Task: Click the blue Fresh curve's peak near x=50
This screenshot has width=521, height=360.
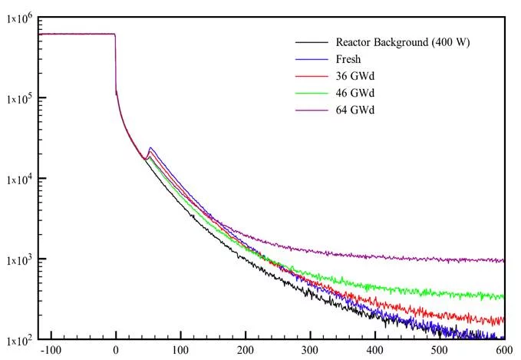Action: pos(150,147)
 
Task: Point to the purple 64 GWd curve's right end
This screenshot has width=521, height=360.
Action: pos(503,260)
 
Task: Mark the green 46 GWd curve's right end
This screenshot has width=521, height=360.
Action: pos(503,296)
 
